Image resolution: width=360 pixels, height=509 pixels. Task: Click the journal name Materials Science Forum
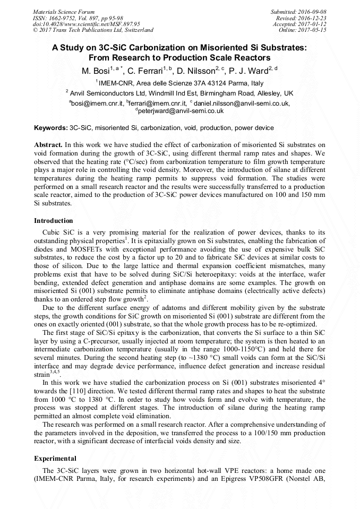64,12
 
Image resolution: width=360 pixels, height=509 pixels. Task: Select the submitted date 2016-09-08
311,12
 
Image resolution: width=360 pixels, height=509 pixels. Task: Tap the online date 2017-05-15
311,30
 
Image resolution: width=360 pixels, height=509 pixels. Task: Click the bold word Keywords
50,128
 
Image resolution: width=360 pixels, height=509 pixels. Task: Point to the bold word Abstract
48,144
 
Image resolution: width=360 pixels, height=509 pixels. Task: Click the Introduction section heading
54,220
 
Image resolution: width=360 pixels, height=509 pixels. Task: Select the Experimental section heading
55,458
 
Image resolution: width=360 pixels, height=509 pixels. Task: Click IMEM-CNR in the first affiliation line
115,83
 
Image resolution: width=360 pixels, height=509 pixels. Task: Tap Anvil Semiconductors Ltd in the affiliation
104,92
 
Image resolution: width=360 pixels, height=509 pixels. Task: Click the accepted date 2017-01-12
311,24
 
